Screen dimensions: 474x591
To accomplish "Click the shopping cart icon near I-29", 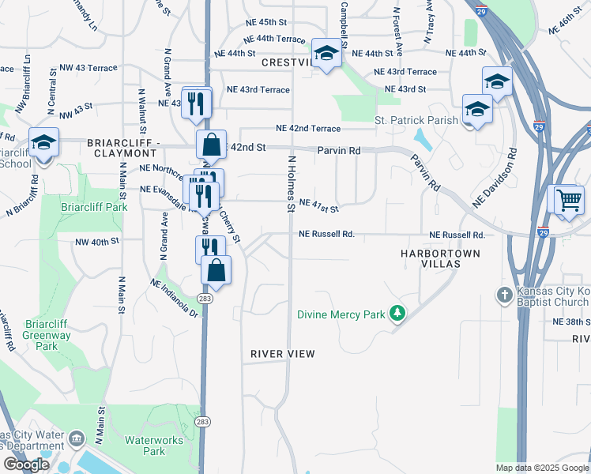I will point(568,199).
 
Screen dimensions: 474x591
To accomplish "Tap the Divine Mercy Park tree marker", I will point(397,314).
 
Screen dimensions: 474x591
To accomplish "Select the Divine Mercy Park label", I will point(341,314).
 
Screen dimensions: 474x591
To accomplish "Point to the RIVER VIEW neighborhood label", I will point(283,353).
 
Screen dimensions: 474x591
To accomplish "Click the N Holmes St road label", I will point(291,183).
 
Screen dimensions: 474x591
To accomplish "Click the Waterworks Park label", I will point(145,445).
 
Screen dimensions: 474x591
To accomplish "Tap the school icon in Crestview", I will point(325,53).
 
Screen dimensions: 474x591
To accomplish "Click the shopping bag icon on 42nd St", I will point(212,145).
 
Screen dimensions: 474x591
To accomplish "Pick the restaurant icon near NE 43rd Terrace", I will point(196,101).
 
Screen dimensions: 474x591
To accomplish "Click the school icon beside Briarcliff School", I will point(43,143).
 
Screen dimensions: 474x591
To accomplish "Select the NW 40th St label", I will point(97,242).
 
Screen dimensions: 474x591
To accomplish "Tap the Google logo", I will point(26,464).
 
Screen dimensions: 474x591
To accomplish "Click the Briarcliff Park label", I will point(94,207).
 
